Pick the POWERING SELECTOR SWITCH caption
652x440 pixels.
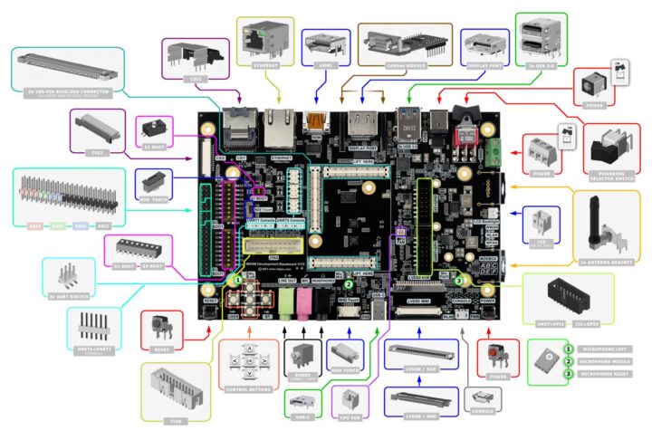606,174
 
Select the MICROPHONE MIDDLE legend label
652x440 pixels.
611,360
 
